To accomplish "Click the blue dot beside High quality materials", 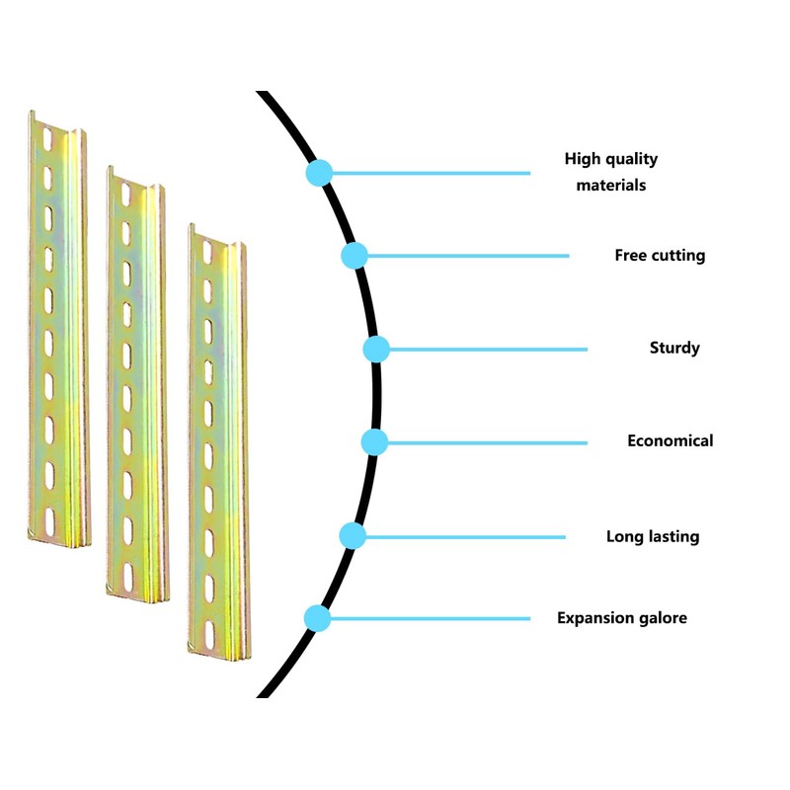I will pos(318,173).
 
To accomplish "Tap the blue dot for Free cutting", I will pos(355,256).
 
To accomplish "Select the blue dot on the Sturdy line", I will pos(376,349).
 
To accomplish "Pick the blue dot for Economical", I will pos(373,441).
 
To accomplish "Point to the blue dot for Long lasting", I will pos(353,536).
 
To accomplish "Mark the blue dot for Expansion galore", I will pos(318,618).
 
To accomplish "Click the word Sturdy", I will pos(674,348).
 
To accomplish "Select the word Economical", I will pos(670,440).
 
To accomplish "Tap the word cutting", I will pos(678,256).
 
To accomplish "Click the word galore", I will pos(661,618).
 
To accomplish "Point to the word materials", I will pos(611,185).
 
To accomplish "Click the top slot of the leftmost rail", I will pos(47,133).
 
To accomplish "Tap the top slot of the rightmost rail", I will pos(207,253).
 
